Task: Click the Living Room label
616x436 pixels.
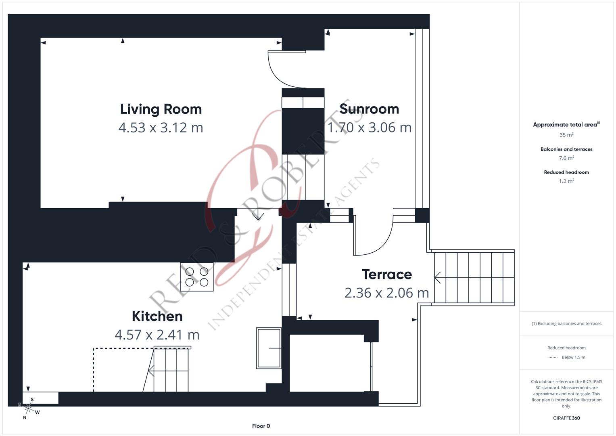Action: coord(161,109)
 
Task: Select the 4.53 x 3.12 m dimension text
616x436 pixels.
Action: coord(161,128)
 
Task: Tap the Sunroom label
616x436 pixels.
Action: coord(369,109)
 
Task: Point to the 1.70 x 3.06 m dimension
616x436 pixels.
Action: coord(369,128)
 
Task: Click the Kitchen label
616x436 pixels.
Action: coord(157,316)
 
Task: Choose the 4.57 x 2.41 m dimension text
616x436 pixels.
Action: coord(157,335)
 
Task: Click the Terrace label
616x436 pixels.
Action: coord(386,275)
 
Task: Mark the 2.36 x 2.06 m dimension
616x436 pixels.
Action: coord(386,293)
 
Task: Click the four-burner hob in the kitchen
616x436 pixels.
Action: coord(196,277)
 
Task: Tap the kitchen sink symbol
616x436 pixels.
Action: coord(269,348)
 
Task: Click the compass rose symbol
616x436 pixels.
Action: coord(28,409)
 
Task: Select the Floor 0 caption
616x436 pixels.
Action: coord(261,426)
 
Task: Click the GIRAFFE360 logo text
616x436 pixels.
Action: coord(566,418)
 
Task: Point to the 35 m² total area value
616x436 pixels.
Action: coord(566,135)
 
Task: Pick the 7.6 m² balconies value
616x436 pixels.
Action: coord(566,158)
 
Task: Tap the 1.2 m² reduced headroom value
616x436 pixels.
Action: coord(566,181)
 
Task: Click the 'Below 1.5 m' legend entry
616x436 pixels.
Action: coord(573,357)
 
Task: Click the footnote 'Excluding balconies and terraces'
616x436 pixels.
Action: coord(566,323)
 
